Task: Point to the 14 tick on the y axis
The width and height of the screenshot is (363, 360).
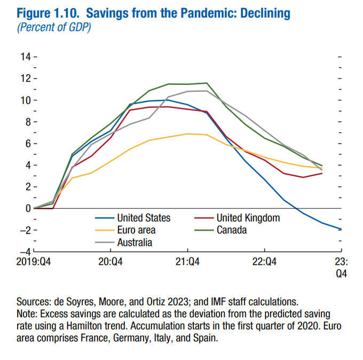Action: [26, 57]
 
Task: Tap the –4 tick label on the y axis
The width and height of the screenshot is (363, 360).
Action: [25, 252]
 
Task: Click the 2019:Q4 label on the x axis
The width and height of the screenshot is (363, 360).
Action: [34, 261]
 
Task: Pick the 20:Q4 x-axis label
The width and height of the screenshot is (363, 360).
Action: [111, 261]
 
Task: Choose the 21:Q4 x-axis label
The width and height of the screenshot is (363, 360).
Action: [187, 261]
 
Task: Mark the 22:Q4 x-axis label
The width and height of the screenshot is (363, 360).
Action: [264, 261]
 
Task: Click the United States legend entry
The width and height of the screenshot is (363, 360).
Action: [144, 218]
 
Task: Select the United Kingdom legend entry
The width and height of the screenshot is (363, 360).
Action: [248, 218]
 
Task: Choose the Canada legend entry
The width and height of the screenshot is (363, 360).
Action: [231, 230]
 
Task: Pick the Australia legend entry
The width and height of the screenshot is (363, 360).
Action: [135, 242]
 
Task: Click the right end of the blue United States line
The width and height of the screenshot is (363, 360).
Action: [341, 229]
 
